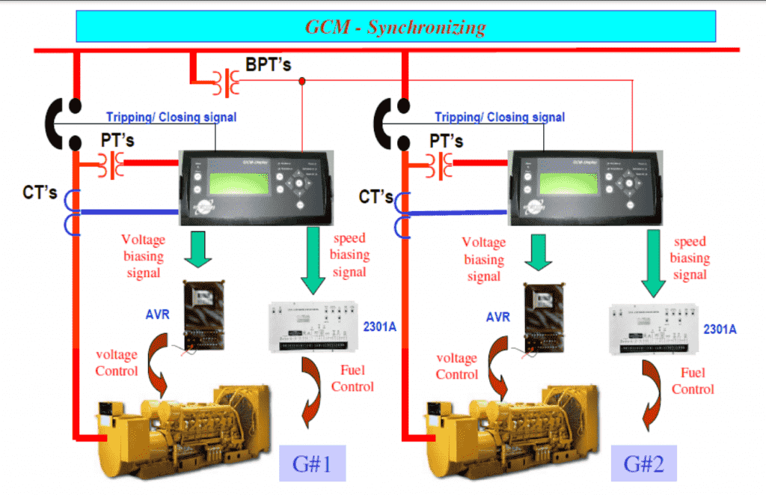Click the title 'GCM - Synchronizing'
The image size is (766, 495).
click(x=395, y=28)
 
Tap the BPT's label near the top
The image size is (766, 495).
click(x=268, y=65)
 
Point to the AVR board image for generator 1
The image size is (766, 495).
click(x=201, y=315)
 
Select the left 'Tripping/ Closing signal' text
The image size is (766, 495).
click(x=171, y=117)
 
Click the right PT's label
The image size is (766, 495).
click(x=446, y=140)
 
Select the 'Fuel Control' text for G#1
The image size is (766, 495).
click(x=352, y=379)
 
